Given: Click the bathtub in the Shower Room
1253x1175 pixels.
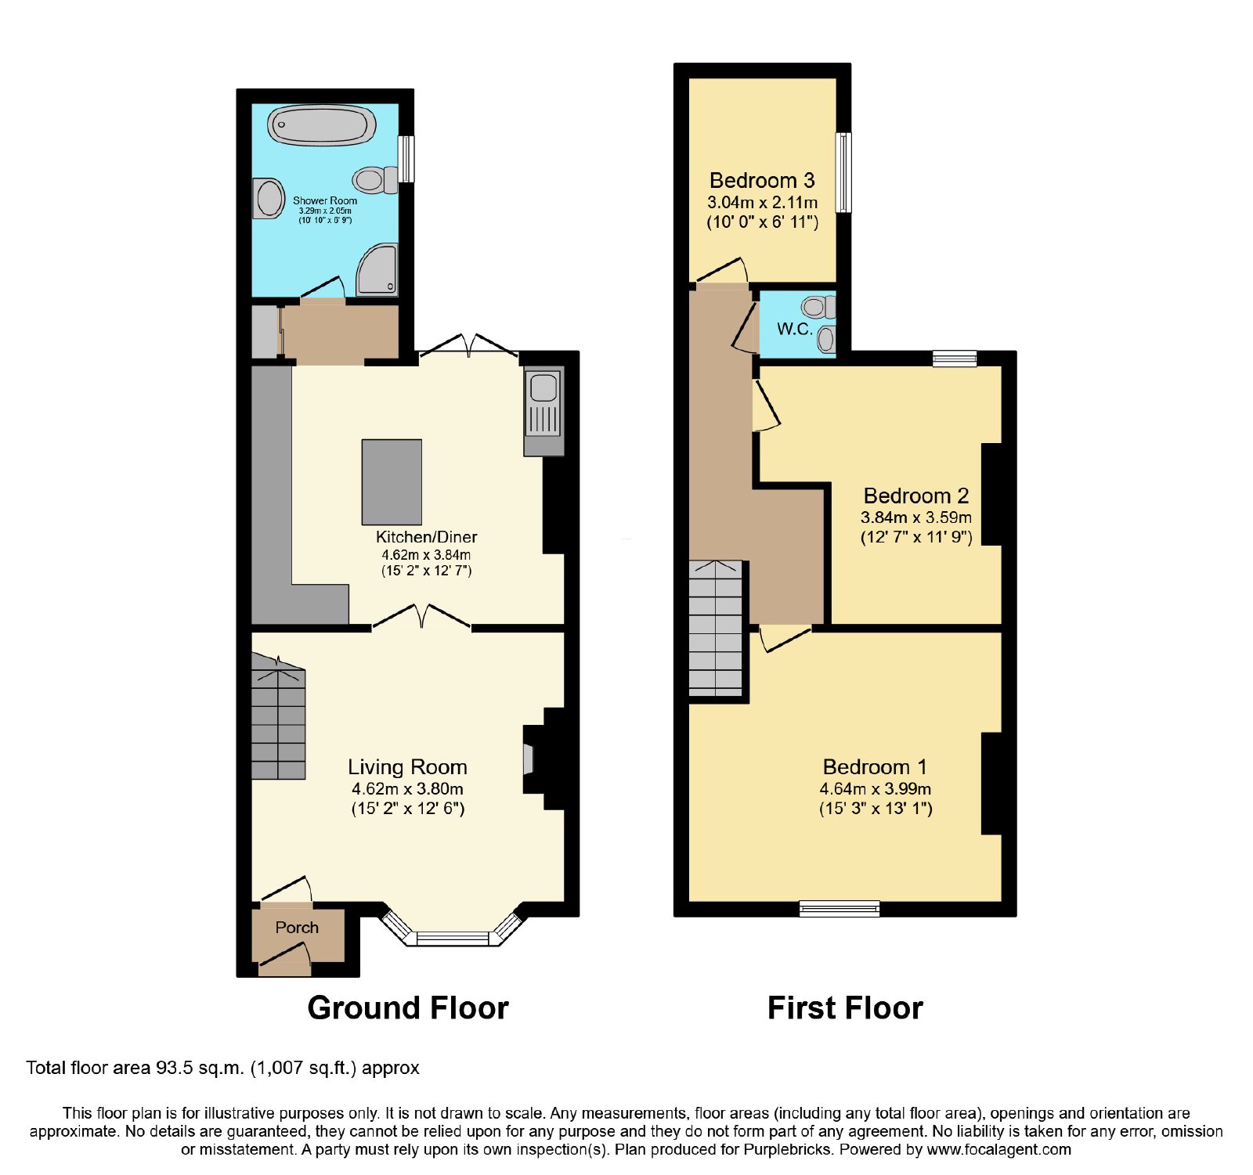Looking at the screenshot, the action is pyautogui.click(x=321, y=125).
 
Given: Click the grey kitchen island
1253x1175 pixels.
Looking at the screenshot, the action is pyautogui.click(x=392, y=481).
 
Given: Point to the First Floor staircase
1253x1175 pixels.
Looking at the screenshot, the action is pyautogui.click(x=715, y=629).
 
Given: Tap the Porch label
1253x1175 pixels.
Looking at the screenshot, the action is pyautogui.click(x=297, y=928).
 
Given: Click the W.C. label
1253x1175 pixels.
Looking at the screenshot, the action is pyautogui.click(x=795, y=329).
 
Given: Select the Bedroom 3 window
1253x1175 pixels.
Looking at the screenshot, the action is pyautogui.click(x=843, y=172).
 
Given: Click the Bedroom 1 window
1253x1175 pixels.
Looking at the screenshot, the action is pyautogui.click(x=840, y=909).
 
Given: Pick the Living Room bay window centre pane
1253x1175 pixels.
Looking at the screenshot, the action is pyautogui.click(x=453, y=939).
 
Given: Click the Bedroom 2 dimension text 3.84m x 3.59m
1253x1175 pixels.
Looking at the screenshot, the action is pyautogui.click(x=916, y=517).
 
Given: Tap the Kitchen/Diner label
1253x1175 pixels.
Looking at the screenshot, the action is pyautogui.click(x=427, y=537).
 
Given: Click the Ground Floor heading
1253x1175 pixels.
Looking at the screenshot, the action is pyautogui.click(x=408, y=1008).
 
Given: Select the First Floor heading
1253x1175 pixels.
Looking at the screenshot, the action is pyautogui.click(x=845, y=1008).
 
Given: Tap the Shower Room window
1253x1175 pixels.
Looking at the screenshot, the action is pyautogui.click(x=406, y=159).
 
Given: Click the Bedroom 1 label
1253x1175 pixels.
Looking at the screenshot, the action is pyautogui.click(x=875, y=766).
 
